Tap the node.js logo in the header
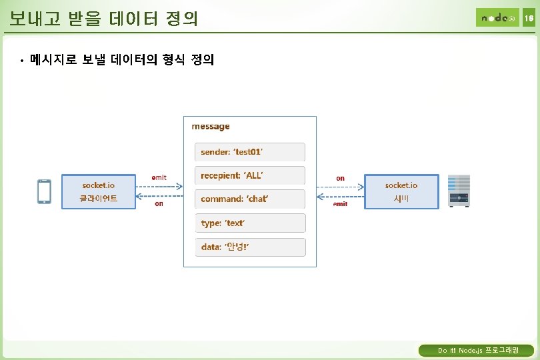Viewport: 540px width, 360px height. [x=497, y=17]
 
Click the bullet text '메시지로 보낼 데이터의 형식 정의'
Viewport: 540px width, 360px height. [x=122, y=61]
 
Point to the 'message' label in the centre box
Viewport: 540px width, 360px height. [x=211, y=126]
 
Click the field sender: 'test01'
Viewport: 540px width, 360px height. [x=249, y=152]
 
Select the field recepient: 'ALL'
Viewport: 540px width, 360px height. [x=249, y=175]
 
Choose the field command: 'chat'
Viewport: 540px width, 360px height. [x=249, y=199]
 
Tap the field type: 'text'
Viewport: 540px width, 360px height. [x=249, y=223]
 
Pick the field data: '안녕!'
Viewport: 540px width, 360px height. [x=249, y=247]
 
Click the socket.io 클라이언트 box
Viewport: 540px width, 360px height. [x=99, y=191]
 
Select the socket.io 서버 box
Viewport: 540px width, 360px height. [x=401, y=191]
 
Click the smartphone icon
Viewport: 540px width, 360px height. [x=45, y=191]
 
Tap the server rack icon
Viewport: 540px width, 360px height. [x=459, y=191]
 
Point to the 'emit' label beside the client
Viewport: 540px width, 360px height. [x=159, y=177]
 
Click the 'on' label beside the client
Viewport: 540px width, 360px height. [x=159, y=204]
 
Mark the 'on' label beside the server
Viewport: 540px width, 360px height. [x=340, y=178]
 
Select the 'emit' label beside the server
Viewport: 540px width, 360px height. [x=340, y=204]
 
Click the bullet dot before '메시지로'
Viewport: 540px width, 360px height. [x=21, y=61]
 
